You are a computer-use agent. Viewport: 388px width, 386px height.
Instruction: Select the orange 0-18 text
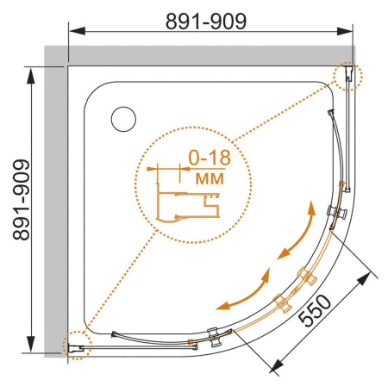point(206,159)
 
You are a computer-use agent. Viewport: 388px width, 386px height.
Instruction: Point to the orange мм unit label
point(206,178)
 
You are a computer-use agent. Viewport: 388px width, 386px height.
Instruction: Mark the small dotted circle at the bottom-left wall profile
point(76,345)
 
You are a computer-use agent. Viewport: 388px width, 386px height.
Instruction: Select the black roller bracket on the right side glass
point(336,212)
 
